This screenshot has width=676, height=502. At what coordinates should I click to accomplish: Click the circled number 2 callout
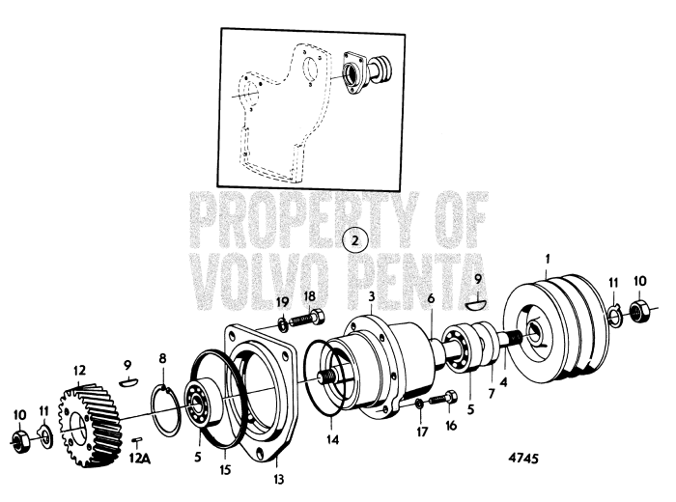354,237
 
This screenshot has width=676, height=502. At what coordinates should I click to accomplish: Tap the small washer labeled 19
283,320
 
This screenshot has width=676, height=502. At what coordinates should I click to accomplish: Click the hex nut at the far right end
638,311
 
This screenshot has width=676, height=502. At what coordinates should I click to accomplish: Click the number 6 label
430,300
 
